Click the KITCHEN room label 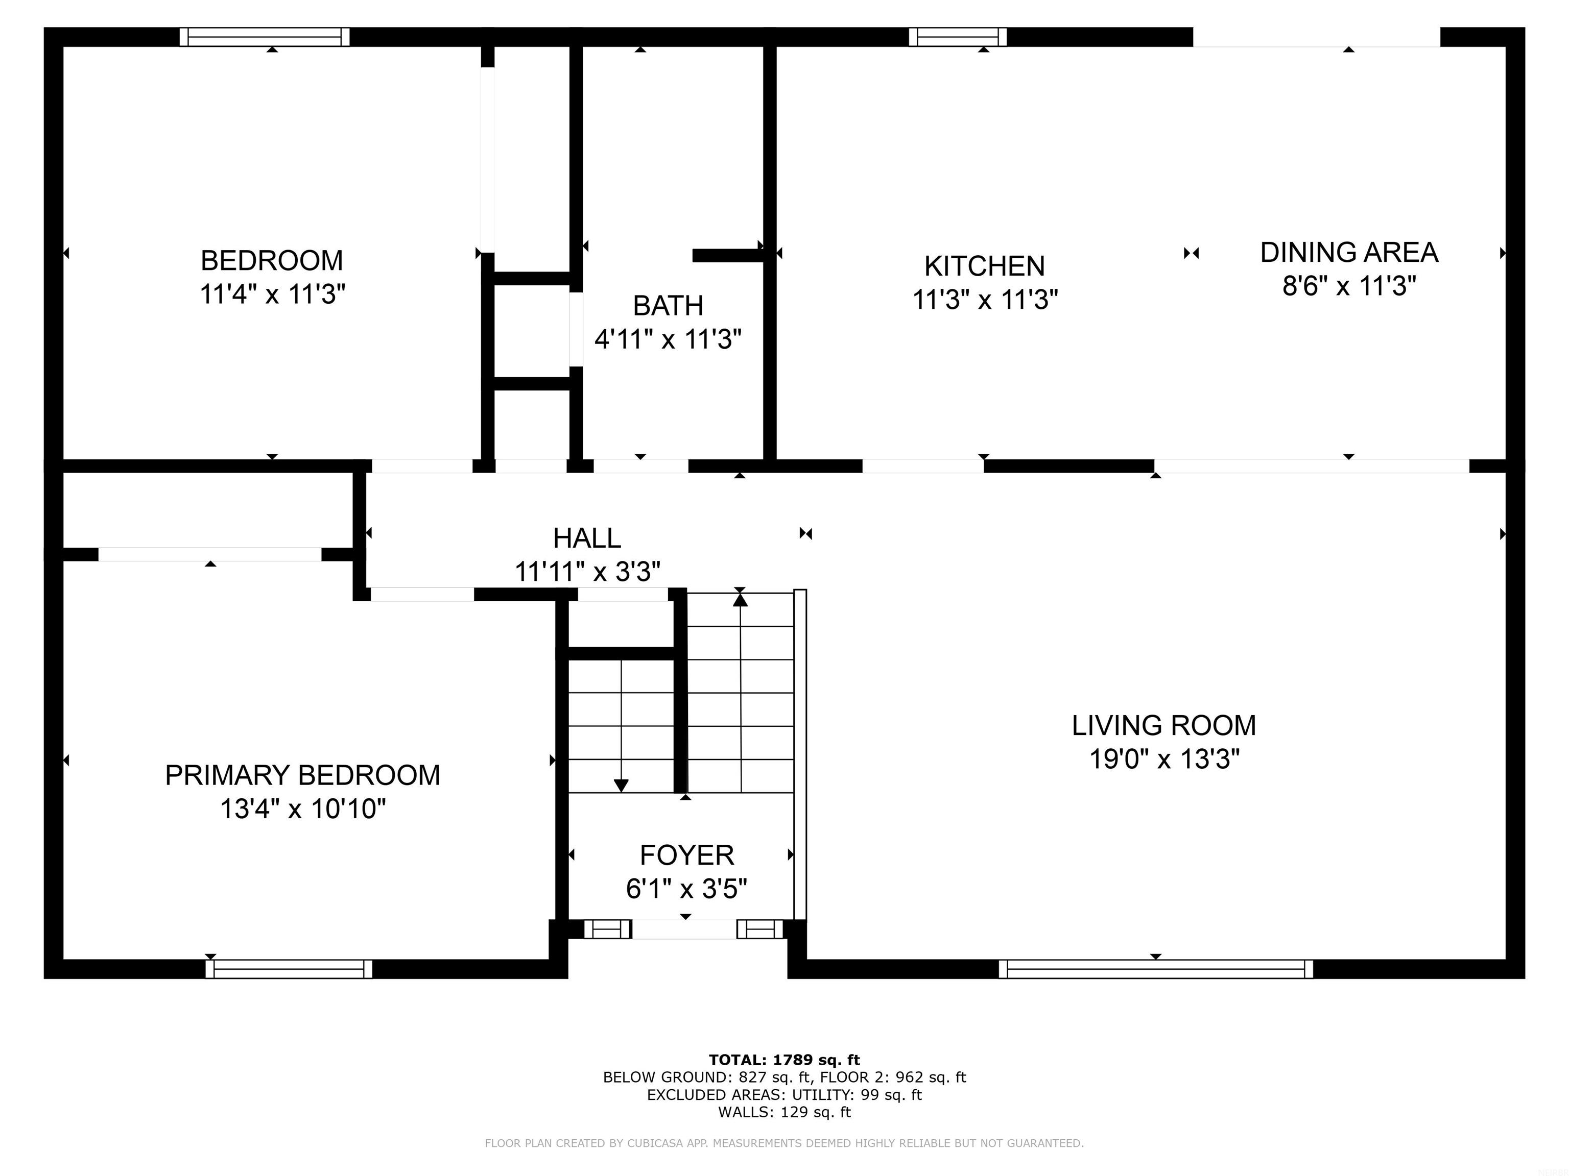[985, 266]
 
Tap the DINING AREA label [1349, 252]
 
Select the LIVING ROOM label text [1164, 725]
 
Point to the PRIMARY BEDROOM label [303, 775]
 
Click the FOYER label [686, 855]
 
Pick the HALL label [587, 538]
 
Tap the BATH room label [668, 306]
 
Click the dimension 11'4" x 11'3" [272, 293]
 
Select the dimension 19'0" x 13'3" [1164, 759]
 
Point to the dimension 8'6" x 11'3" [1349, 286]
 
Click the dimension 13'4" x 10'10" [303, 809]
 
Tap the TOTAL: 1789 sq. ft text [784, 1060]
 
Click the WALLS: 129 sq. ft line [784, 1112]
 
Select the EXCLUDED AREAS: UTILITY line [784, 1094]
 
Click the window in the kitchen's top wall [958, 37]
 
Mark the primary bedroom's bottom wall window [289, 969]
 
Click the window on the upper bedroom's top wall [265, 37]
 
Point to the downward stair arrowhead [622, 786]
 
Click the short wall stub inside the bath [728, 256]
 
